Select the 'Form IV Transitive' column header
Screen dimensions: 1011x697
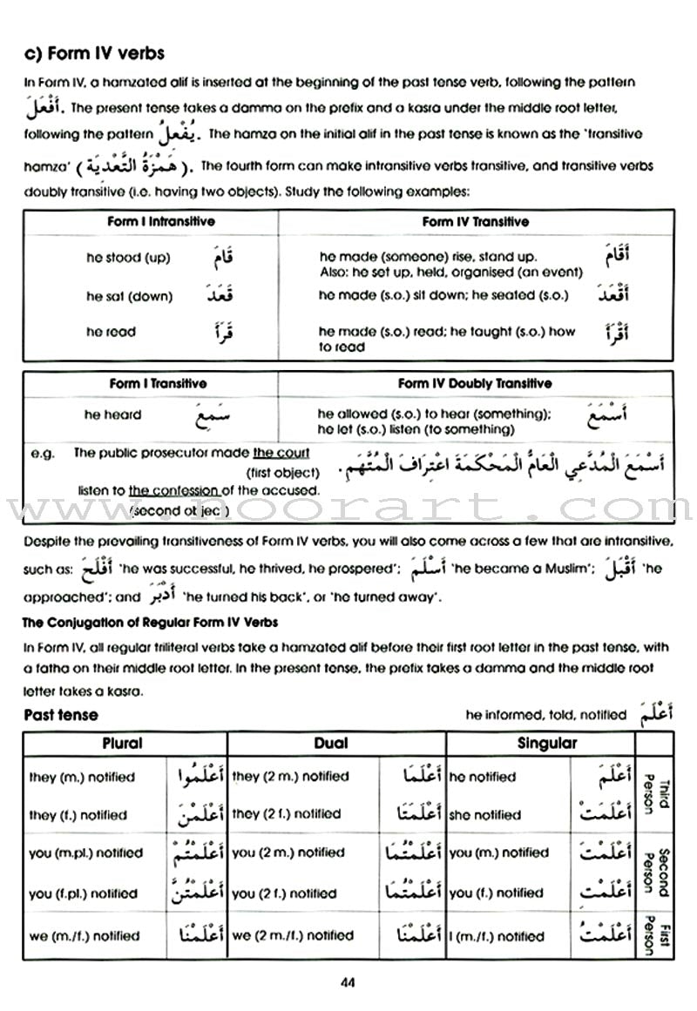[475, 222]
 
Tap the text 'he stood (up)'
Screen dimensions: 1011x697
[128, 258]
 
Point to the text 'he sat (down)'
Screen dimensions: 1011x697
[129, 296]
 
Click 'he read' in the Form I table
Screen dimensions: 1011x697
[111, 332]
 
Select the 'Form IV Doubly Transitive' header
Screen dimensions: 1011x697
[475, 383]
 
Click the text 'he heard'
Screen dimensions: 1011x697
[112, 415]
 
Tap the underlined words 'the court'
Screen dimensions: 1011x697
[281, 453]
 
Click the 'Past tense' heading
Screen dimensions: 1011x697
[61, 715]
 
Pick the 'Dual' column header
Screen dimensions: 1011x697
[330, 744]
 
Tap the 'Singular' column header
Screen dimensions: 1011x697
[547, 744]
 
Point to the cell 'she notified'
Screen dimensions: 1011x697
[484, 815]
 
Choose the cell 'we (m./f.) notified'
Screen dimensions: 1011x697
[84, 936]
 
